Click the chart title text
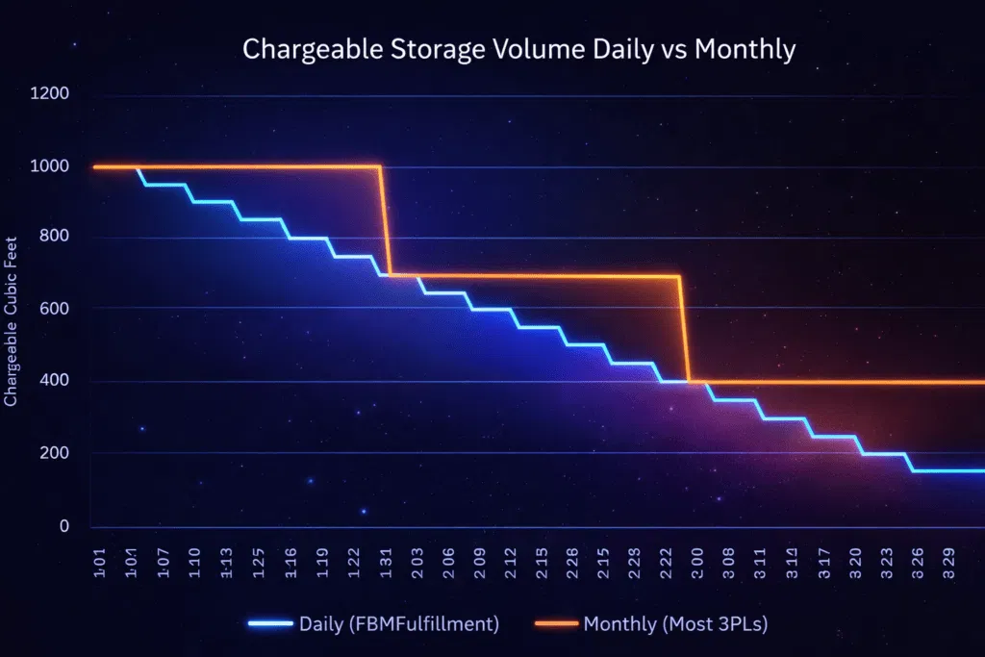click(x=518, y=50)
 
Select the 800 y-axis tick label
click(x=52, y=237)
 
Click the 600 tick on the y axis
click(x=52, y=309)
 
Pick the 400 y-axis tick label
click(x=52, y=381)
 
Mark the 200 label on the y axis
click(x=52, y=453)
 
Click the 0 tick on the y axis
click(x=63, y=526)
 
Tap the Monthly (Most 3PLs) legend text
click(x=675, y=623)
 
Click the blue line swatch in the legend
click(x=269, y=624)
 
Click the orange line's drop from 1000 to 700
click(x=386, y=221)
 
